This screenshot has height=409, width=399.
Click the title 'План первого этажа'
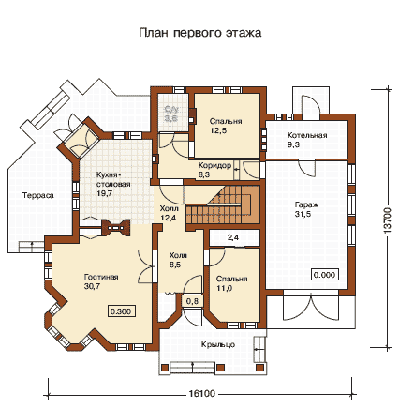pos(199,33)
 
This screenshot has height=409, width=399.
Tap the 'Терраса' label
pos(38,195)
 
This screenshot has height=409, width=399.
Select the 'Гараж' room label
pos(306,205)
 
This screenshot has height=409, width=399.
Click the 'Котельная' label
pos(307,135)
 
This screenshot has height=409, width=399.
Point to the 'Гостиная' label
pos(101,277)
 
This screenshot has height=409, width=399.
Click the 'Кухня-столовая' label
pos(113,179)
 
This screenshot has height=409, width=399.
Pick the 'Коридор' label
pos(214,165)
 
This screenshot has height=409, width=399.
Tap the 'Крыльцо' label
pos(218,344)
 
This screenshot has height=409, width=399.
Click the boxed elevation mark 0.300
pos(122,311)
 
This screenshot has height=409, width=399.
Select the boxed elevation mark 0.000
pos(325,275)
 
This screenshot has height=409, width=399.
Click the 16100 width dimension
pos(202,393)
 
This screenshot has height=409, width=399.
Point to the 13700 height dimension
pos(387,220)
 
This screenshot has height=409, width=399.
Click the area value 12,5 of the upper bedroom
pos(218,130)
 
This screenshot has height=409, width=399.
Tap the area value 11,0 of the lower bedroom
pos(225,288)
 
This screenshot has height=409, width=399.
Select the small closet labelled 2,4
pos(234,238)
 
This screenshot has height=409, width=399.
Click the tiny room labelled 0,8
pos(192,301)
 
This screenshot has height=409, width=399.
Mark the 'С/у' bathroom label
pos(171,110)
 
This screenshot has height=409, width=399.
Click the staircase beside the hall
pos(224,204)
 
